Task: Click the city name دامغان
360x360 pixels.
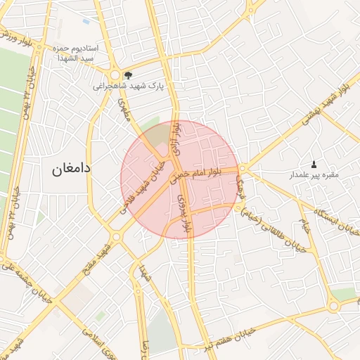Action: [x=72, y=169]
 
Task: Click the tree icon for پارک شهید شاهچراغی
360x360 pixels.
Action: [x=127, y=74]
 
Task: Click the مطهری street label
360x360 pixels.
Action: [x=127, y=113]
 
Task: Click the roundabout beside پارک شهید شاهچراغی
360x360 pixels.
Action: [x=114, y=75]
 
